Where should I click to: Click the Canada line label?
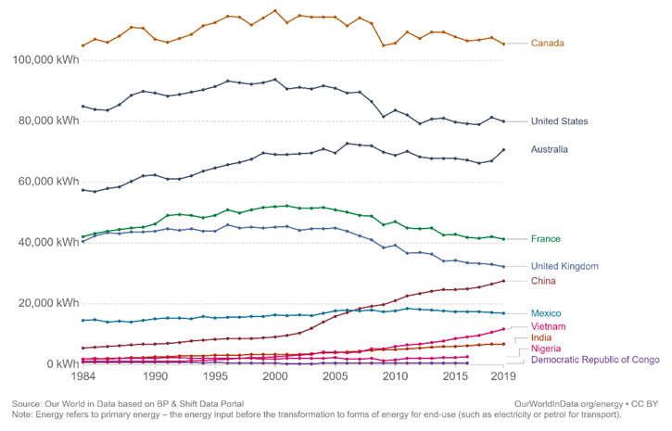click(548, 43)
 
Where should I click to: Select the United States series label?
click(572, 121)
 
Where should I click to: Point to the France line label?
click(547, 239)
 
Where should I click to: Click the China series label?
click(544, 280)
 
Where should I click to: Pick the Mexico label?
click(547, 313)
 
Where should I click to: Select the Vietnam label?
click(550, 326)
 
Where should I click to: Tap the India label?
click(542, 338)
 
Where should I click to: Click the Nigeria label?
click(547, 349)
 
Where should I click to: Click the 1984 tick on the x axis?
click(83, 377)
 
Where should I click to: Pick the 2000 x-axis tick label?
click(274, 377)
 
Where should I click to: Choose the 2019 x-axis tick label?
click(503, 377)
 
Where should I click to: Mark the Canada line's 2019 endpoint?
click(503, 44)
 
